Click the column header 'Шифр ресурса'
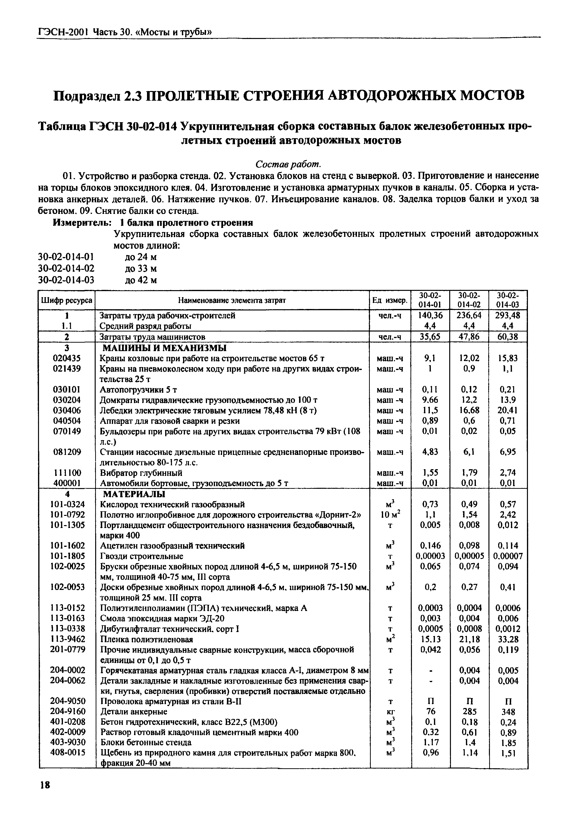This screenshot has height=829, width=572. pos(67,300)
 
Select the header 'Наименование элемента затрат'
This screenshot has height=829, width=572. pos(232,300)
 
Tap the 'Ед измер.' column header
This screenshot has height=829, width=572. pos(390,300)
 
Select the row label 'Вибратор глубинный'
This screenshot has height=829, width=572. pos(141,473)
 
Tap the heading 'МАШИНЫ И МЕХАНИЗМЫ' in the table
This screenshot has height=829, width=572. pos(164,348)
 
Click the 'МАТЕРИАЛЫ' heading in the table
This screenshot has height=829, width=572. pos(134,494)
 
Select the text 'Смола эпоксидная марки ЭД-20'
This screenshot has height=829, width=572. pos(162,618)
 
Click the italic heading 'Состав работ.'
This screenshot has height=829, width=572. pos(288,164)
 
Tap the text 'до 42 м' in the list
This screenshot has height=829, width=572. pos(141,280)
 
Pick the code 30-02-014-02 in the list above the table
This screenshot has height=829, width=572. pos(66,268)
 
